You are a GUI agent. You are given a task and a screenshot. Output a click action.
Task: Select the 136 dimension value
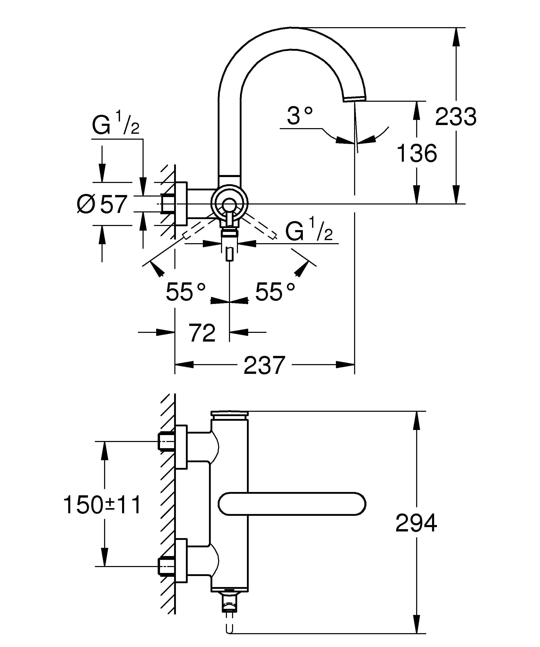tap(417, 153)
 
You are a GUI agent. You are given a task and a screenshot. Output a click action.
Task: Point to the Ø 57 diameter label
tap(102, 204)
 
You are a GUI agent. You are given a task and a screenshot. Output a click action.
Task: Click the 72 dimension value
tap(202, 333)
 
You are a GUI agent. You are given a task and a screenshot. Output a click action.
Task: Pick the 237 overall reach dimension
tap(264, 365)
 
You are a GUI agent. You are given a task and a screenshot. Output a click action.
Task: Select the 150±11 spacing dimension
tap(102, 505)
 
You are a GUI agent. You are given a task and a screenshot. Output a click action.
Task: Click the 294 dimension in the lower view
tap(416, 523)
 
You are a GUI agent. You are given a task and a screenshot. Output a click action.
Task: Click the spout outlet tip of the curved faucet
tap(355, 99)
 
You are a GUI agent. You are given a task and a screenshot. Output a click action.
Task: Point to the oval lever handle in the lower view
tap(292, 504)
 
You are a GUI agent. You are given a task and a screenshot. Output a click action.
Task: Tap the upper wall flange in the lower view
tap(181, 451)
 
